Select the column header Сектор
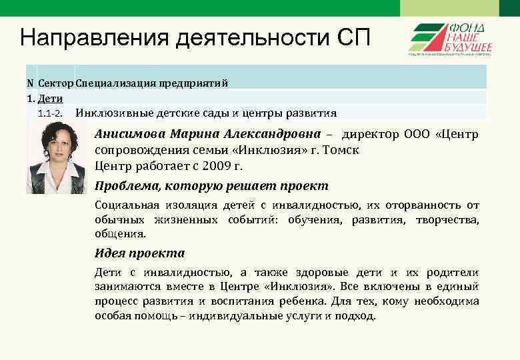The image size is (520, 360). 56,83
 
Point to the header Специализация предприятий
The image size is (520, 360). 151,83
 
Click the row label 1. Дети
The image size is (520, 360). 45,99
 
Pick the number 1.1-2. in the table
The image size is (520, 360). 51,113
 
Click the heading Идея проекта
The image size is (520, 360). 139,253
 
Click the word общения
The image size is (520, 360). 119,234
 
